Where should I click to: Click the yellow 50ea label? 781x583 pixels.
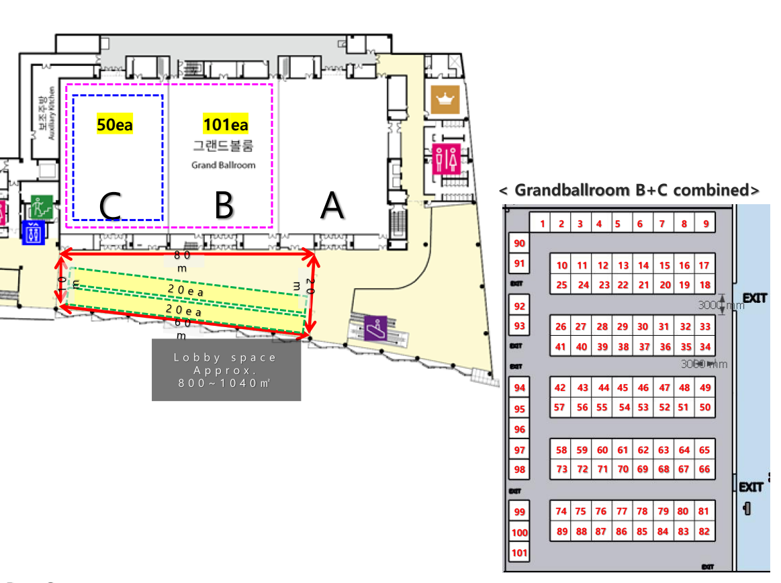[x=114, y=124]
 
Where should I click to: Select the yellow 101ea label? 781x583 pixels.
[x=226, y=124]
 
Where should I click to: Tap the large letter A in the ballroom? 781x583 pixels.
[x=332, y=206]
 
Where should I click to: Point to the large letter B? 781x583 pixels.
[x=224, y=206]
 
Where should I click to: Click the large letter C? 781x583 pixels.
[x=111, y=206]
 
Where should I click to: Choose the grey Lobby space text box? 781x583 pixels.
[x=226, y=370]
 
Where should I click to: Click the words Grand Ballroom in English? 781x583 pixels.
[x=224, y=165]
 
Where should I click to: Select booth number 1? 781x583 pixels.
[x=543, y=224]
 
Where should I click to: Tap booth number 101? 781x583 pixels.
[x=519, y=553]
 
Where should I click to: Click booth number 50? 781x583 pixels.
[x=704, y=407]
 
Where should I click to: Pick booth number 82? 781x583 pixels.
[x=704, y=531]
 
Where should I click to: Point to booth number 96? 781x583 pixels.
[x=519, y=429]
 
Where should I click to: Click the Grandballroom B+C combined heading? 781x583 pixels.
[x=630, y=190]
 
